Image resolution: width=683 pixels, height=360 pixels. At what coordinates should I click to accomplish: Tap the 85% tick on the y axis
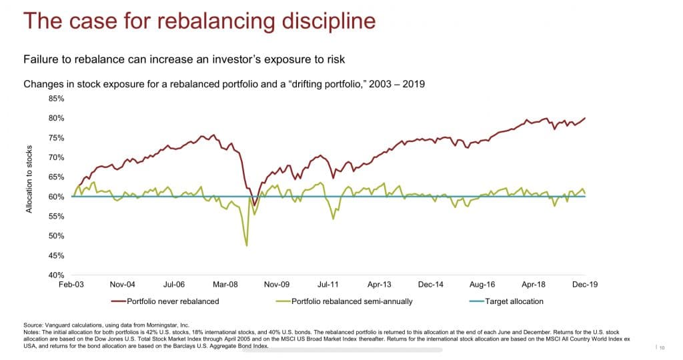56,99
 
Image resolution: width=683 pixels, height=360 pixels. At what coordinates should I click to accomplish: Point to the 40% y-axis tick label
56,275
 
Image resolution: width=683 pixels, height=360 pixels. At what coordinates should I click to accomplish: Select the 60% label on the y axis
56,197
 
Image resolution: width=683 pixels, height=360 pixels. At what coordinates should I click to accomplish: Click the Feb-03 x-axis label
71,284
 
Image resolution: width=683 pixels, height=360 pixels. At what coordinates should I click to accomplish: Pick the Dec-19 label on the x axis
584,284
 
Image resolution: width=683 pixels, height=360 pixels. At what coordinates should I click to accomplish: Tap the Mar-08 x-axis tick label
225,284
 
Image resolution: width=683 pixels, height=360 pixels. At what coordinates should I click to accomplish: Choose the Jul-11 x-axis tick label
328,284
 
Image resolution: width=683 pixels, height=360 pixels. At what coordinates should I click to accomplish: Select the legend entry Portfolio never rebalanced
173,301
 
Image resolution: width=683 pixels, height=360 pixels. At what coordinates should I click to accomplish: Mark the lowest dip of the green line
247,246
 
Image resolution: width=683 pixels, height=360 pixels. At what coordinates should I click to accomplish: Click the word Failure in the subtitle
39,60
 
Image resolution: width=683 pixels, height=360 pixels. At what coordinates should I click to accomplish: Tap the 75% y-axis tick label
56,138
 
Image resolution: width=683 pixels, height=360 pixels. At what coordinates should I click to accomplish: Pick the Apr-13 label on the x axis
379,284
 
